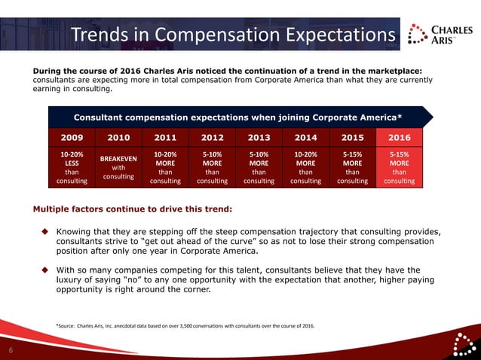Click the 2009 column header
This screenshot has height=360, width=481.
coord(72,138)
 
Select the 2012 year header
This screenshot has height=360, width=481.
coord(212,138)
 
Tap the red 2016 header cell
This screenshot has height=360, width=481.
coord(399,138)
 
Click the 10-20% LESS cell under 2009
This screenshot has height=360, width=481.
coord(72,168)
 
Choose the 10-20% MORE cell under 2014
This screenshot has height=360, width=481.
coord(305,168)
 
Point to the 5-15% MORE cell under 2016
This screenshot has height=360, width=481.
coord(399,168)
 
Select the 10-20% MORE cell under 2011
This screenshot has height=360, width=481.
coord(165,168)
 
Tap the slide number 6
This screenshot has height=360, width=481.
coord(11,350)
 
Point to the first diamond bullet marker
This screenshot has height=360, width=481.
coord(44,231)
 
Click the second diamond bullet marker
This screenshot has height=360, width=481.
coord(44,270)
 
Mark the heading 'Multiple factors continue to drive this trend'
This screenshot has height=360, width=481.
coord(133,208)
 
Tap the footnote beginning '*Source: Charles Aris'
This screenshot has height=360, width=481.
coord(185,325)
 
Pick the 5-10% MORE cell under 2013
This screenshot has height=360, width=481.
coord(259,168)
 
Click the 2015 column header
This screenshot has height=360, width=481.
coord(352,138)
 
